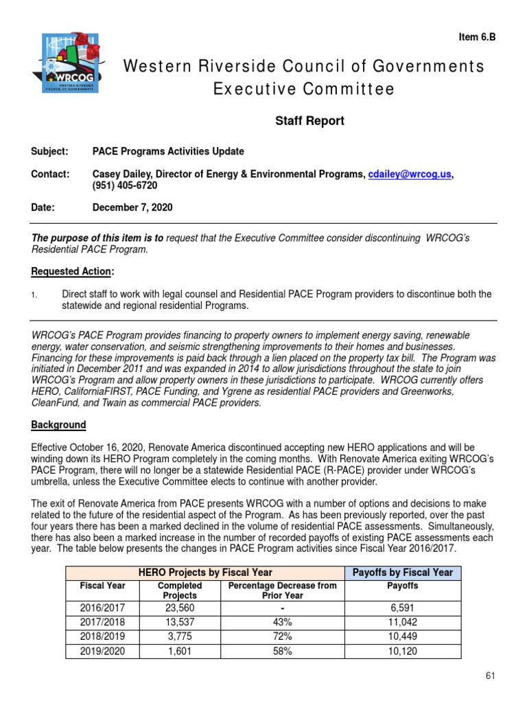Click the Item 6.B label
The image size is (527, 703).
pyautogui.click(x=476, y=38)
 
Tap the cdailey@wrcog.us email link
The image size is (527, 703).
pyautogui.click(x=410, y=174)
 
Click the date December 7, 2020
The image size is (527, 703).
pyautogui.click(x=132, y=207)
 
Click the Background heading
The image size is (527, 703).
pyautogui.click(x=58, y=425)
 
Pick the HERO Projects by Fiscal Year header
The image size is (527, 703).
pyautogui.click(x=205, y=573)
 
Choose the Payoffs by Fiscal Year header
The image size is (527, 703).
pyautogui.click(x=402, y=573)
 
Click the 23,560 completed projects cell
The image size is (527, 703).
pyautogui.click(x=180, y=608)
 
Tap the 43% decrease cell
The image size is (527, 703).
pyautogui.click(x=282, y=623)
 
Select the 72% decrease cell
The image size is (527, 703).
pyautogui.click(x=282, y=637)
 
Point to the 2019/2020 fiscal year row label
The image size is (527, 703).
pyautogui.click(x=102, y=652)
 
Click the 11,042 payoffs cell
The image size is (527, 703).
pyautogui.click(x=402, y=623)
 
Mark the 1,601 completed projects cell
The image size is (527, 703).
pyautogui.click(x=180, y=652)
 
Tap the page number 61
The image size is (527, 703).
pyautogui.click(x=490, y=676)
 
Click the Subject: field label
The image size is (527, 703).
pyautogui.click(x=50, y=151)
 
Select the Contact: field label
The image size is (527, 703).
pyautogui.click(x=51, y=174)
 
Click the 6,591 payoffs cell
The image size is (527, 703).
pyautogui.click(x=402, y=608)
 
